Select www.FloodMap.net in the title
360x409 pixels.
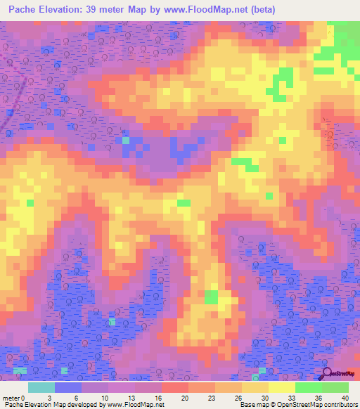[x=210, y=9]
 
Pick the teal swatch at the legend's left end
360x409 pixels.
[x=41, y=387]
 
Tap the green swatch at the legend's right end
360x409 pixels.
[x=335, y=387]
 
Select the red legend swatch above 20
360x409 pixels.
[x=175, y=387]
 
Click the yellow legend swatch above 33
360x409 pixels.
[x=282, y=387]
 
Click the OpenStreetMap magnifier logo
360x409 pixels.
[x=327, y=373]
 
